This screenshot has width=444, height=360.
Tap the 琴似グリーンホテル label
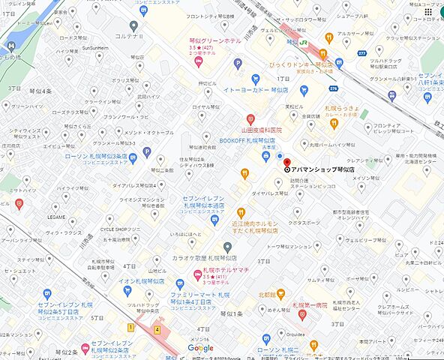click(214, 40)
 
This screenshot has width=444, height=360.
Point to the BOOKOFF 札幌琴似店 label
click(247, 140)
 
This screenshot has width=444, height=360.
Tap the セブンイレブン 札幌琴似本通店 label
click(203, 202)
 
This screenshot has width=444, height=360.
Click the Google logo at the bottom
click(200, 348)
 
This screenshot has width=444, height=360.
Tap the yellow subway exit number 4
click(157, 328)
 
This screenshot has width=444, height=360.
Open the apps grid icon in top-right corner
click(427, 12)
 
